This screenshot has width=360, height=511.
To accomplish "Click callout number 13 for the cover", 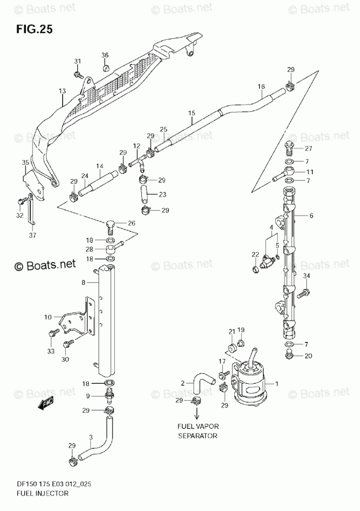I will [62, 91].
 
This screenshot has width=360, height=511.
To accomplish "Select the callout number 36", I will [105, 55].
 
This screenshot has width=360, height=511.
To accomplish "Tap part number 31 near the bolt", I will [78, 62].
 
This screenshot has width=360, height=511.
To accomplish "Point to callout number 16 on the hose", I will [261, 86].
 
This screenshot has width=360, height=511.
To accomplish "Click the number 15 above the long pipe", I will [191, 113].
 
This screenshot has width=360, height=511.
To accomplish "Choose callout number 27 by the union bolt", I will [308, 148].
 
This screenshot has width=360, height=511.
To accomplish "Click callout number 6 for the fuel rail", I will [311, 216].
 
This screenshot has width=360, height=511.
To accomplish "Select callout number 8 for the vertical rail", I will [83, 283].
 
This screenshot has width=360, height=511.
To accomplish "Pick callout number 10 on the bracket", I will [48, 317].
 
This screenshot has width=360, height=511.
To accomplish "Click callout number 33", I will [51, 351].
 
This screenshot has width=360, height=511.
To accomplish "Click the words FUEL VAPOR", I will [197, 426].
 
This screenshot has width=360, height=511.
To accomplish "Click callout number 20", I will [308, 355].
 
